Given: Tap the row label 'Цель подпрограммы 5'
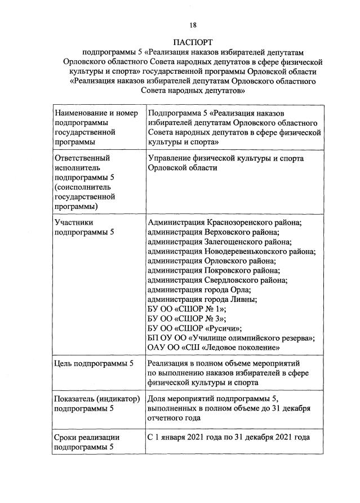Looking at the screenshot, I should (x=94, y=364).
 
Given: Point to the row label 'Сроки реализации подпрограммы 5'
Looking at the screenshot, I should (x=87, y=442).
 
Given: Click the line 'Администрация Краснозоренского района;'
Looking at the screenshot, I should (x=224, y=223).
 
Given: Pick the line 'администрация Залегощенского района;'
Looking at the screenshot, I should (x=219, y=242).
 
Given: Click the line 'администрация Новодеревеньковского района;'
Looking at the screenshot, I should (x=231, y=252).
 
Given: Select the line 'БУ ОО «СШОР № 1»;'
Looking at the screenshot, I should (x=186, y=309).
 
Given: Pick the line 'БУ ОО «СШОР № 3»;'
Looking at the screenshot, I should (x=186, y=319).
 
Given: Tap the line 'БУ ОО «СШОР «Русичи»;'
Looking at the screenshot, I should (x=194, y=328).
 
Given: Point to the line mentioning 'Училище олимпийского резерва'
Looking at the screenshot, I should (x=230, y=338).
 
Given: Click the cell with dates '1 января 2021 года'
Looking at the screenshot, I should (x=228, y=437).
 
